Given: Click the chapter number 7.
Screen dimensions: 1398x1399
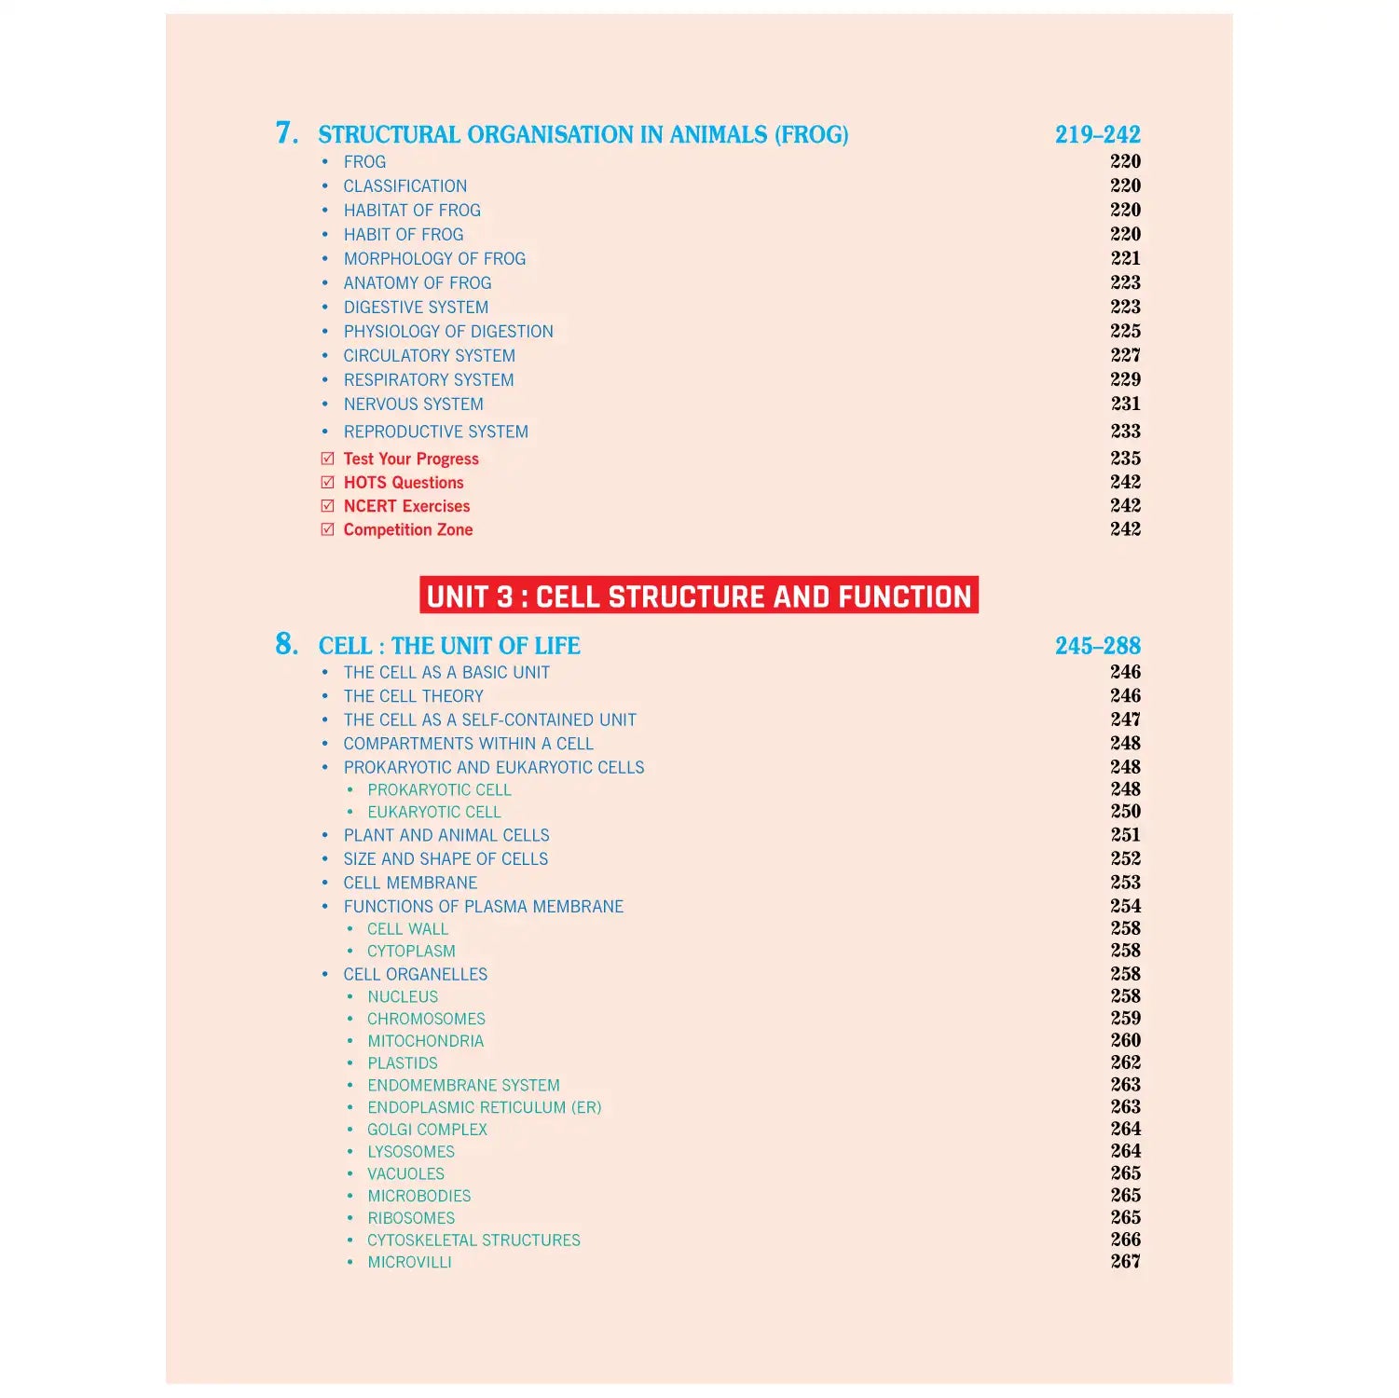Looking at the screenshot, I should [286, 133].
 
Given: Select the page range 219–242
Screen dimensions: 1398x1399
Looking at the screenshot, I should [1097, 134].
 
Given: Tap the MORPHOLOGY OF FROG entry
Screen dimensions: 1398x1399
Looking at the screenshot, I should [434, 258].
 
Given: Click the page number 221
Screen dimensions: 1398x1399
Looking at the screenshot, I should [1125, 258].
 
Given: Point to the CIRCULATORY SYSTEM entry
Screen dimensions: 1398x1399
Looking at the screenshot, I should [429, 355].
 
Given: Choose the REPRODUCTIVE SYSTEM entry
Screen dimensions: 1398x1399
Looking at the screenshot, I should [435, 432].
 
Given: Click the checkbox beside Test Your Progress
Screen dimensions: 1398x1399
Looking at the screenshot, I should [327, 459].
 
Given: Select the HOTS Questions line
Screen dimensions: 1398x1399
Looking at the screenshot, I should [403, 482].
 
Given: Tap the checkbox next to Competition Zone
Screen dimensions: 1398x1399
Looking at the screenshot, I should [327, 529].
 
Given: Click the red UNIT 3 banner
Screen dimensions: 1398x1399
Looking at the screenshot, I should [698, 596].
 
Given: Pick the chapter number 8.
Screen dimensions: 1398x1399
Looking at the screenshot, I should [286, 644].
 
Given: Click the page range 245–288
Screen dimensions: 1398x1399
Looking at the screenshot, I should [1097, 645].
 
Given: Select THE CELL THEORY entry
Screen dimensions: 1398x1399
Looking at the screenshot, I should [413, 696].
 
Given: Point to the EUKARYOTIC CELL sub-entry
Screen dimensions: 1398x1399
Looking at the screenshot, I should [433, 812].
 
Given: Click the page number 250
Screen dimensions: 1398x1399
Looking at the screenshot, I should [1125, 811].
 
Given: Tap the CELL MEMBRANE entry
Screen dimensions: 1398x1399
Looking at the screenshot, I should [410, 883].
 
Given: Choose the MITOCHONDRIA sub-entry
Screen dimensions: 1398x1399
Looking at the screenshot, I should [425, 1041].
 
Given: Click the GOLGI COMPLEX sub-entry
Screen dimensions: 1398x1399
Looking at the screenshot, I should [427, 1130].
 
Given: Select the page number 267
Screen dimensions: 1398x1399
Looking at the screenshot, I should [1125, 1261].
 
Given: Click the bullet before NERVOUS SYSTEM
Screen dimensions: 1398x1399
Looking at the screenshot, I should [324, 404].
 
